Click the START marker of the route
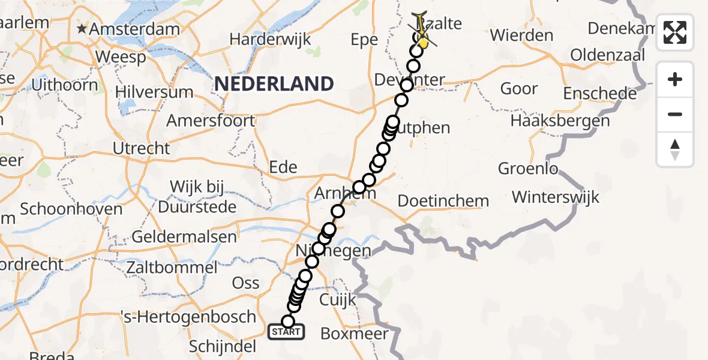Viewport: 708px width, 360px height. pos(286,332)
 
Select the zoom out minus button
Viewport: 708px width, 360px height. pos(675,114)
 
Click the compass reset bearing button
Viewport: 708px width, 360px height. pos(675,149)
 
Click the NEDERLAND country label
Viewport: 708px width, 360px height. pos(274,83)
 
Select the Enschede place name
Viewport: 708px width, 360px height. pos(600,94)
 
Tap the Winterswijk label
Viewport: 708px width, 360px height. pos(556,197)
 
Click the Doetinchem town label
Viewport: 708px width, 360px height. pos(443,200)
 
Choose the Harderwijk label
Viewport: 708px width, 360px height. pos(271,40)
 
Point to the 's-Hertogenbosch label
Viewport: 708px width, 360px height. pos(205,317)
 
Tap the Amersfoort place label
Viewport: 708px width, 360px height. pos(211,121)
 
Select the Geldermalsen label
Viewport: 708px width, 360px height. pos(184,236)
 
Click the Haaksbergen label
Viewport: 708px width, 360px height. pos(560,121)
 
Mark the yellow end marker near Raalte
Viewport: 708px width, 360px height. pos(423,43)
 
